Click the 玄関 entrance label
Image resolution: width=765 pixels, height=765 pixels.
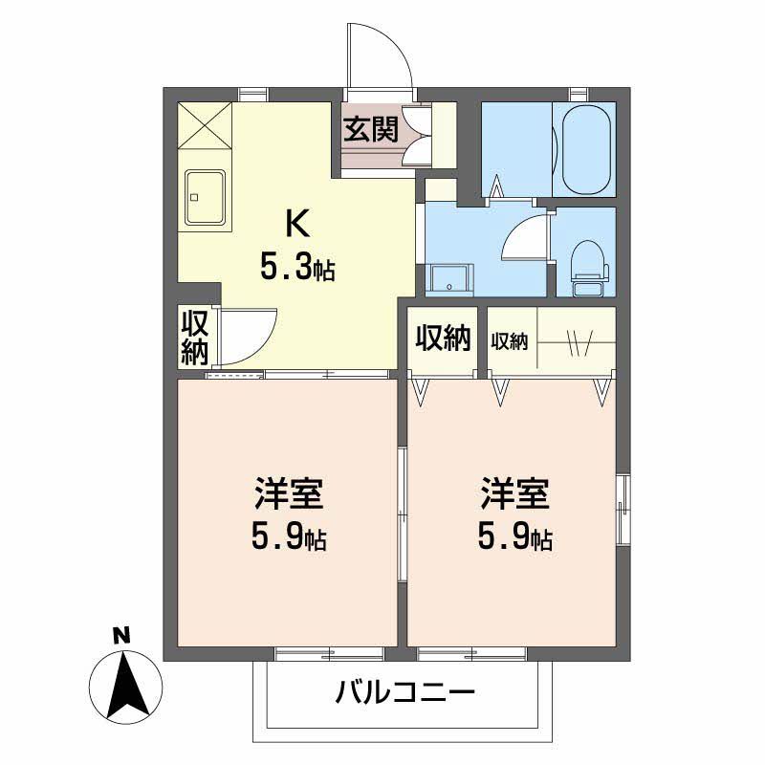click(x=370, y=130)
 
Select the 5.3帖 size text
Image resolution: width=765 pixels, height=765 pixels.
click(x=297, y=269)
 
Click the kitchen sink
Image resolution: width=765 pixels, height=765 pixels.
click(x=205, y=198)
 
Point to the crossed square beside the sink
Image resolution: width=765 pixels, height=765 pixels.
click(x=205, y=125)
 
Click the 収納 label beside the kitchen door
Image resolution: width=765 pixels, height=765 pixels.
click(x=196, y=337)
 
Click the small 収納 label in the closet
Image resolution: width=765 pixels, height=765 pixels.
click(x=510, y=340)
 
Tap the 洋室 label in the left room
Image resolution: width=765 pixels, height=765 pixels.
click(x=288, y=495)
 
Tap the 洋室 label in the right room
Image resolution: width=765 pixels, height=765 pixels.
click(x=514, y=495)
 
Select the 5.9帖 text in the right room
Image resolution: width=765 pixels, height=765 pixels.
click(x=514, y=539)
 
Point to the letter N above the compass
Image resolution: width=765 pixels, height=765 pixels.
click(x=120, y=634)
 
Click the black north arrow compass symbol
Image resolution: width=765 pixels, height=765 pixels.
click(x=124, y=683)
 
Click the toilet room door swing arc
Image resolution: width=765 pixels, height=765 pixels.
click(x=523, y=237)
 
